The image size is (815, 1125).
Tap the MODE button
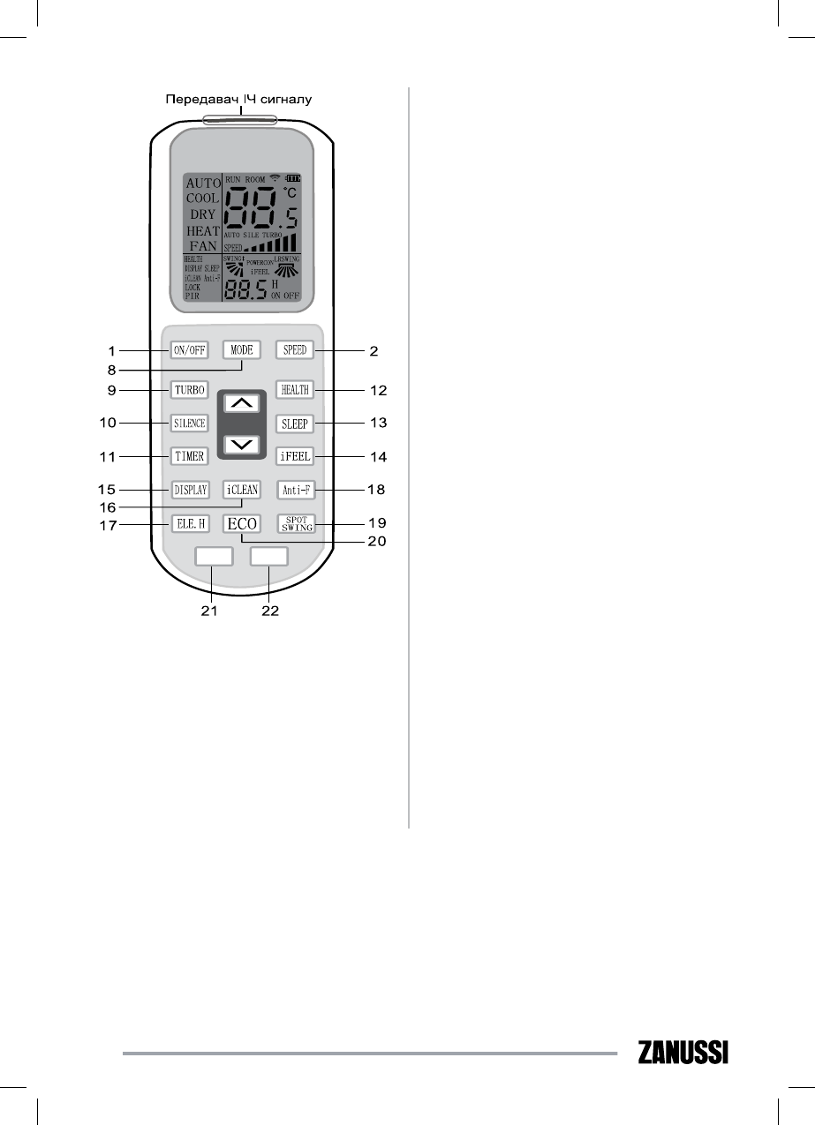point(242,350)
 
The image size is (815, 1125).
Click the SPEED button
point(294,350)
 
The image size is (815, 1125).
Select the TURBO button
point(189,389)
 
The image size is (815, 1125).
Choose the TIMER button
point(189,457)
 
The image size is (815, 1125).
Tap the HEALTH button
point(294,389)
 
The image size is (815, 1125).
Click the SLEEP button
point(294,423)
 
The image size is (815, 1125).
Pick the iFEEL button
point(294,457)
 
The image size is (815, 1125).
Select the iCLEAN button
point(242,489)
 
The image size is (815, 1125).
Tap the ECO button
point(242,523)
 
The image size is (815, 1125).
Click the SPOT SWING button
point(294,523)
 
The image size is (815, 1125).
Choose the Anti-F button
point(294,489)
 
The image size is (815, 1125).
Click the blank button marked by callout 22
point(269,557)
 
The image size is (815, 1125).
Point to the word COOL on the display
point(202,199)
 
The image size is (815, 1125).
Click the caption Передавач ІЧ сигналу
point(239,100)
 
